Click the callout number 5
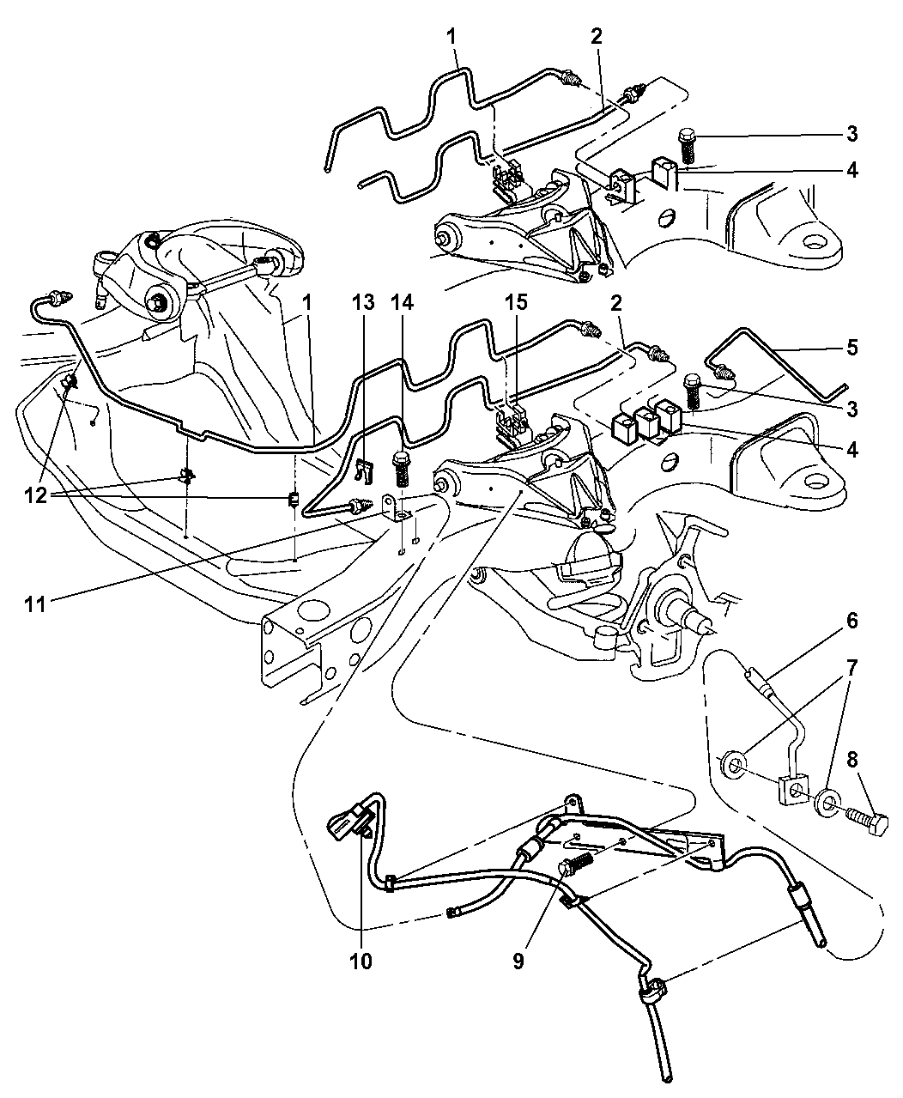tap(852, 348)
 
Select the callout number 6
tap(852, 621)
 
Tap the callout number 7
tap(852, 668)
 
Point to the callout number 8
tap(852, 760)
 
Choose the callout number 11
tap(35, 605)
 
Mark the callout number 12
tap(35, 495)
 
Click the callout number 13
tap(363, 302)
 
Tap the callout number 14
tap(402, 302)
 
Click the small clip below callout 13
tap(364, 471)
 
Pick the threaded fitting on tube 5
tap(724, 373)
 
